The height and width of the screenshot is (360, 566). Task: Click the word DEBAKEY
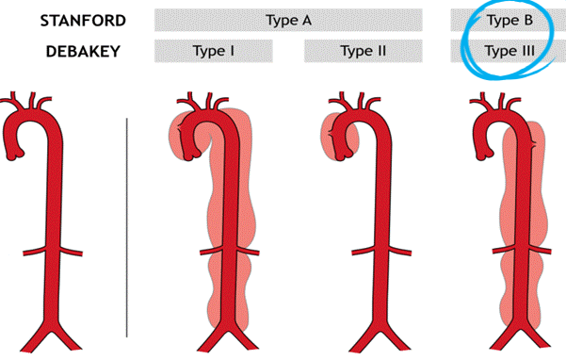tap(83, 51)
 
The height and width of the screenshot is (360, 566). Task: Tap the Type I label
tap(213, 51)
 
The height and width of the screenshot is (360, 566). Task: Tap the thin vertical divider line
tap(127, 226)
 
